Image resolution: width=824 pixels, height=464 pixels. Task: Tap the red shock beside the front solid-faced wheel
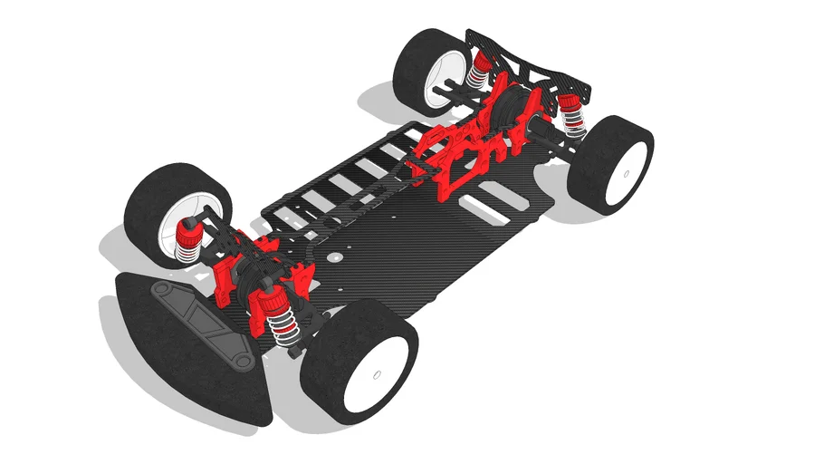point(275,313)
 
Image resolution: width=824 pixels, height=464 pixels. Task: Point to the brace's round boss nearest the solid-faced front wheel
point(244,362)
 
